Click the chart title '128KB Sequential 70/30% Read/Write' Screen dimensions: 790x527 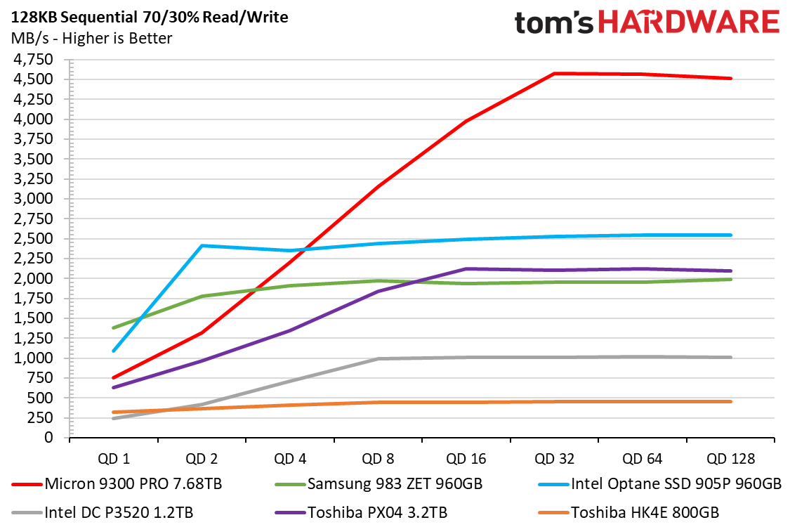[x=150, y=18]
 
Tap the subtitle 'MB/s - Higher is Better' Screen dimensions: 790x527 [x=92, y=39]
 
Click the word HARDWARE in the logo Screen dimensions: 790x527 [x=689, y=22]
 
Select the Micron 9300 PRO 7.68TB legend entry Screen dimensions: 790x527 [x=117, y=484]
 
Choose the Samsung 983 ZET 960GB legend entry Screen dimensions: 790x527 [x=378, y=484]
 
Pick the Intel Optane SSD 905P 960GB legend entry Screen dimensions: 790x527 [x=659, y=484]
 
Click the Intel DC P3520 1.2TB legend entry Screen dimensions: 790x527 [x=103, y=513]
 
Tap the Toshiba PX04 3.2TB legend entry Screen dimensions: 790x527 [x=361, y=513]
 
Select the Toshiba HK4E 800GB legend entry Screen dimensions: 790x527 [x=628, y=513]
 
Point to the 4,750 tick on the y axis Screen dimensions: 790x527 [x=33, y=60]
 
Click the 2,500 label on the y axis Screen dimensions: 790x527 [x=33, y=238]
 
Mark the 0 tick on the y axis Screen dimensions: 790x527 [x=48, y=437]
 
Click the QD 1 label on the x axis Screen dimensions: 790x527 [x=114, y=459]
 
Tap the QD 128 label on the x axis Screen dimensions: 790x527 [x=730, y=459]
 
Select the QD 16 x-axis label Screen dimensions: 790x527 [x=466, y=459]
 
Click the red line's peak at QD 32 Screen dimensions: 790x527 [x=554, y=74]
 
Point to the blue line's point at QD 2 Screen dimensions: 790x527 [x=202, y=246]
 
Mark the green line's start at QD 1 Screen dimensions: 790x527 [x=114, y=328]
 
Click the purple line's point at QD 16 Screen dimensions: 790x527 [x=466, y=269]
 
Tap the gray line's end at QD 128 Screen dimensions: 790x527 [x=730, y=357]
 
